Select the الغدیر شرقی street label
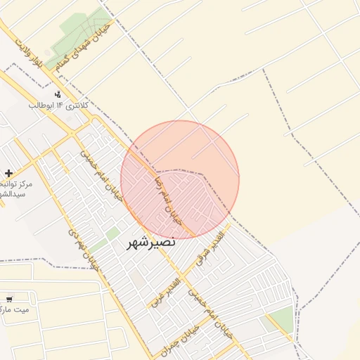[x=211, y=247]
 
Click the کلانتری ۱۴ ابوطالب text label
[x=59, y=105]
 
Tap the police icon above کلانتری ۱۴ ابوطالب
[x=58, y=94]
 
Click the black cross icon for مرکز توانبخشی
[x=8, y=173]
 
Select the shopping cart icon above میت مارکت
[x=10, y=298]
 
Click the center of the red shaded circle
[x=180, y=179]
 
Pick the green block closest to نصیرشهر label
[x=112, y=233]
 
